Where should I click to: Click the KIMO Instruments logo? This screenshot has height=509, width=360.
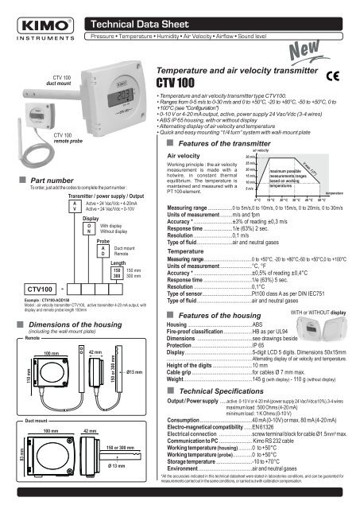pyautogui.click(x=31, y=20)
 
